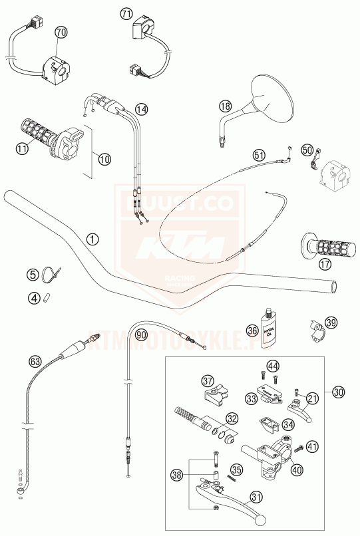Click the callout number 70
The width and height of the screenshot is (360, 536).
point(61,31)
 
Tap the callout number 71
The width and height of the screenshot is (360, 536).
point(126,13)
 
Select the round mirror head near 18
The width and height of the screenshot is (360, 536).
point(273,97)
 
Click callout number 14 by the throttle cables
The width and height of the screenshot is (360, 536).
point(140,108)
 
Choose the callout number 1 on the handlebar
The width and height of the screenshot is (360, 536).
point(92,237)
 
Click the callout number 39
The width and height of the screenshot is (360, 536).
point(331,323)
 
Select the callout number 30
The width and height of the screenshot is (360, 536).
point(339,392)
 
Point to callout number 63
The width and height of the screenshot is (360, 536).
point(35,362)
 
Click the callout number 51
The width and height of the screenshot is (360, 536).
point(259,155)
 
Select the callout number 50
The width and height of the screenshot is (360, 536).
point(307,150)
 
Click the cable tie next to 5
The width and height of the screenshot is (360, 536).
point(51,273)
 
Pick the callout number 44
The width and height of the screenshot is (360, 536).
point(273,364)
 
